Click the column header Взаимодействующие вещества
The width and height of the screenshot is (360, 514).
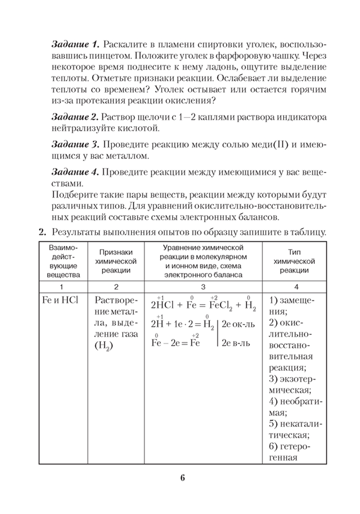coord(60,261)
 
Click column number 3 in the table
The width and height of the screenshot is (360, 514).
coord(203,287)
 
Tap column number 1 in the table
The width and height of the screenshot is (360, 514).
coord(60,287)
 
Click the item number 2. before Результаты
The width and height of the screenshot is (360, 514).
coord(41,232)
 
